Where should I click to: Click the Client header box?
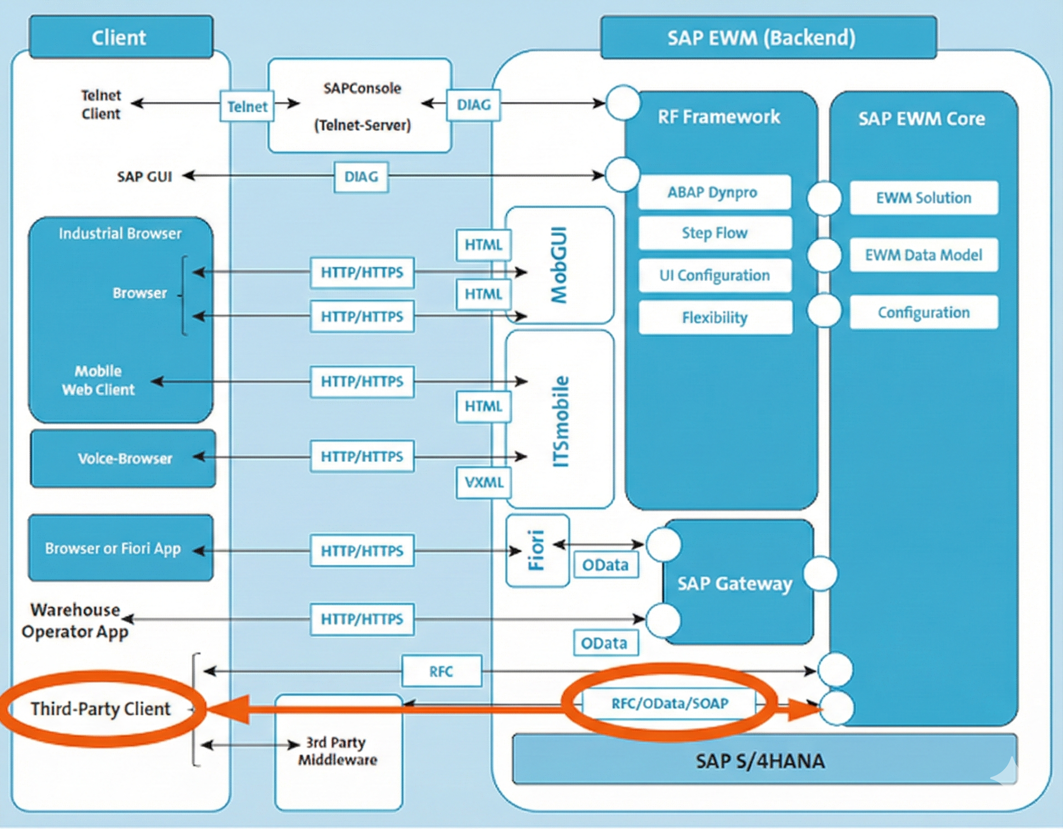121,37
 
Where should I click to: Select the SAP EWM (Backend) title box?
768,37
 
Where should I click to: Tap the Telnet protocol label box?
247,106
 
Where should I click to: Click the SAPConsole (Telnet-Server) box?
360,105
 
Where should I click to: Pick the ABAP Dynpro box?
714,192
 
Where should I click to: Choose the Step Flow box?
714,233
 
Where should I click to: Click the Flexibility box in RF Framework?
714,318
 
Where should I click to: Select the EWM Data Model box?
923,255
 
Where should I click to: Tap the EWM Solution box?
923,197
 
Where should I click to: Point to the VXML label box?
483,482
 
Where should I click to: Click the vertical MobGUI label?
559,265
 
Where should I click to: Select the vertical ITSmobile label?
560,421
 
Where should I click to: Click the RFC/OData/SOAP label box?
669,703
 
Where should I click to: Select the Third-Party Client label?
101,709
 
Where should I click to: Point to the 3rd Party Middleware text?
338,751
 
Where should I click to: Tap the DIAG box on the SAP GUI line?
361,176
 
